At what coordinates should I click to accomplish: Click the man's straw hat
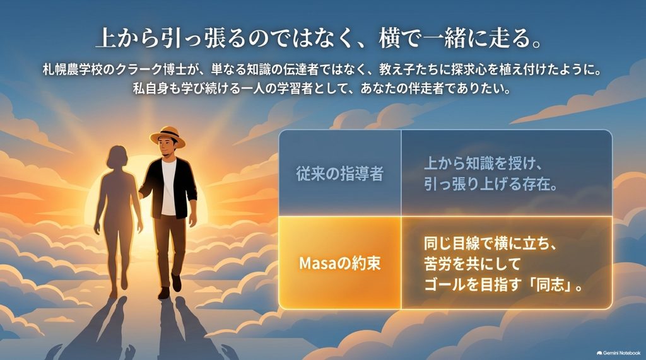tap(167, 136)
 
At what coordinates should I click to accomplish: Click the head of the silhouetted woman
tap(117, 157)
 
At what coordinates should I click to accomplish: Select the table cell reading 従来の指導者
tap(340, 173)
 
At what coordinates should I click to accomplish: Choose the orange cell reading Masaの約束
tap(340, 263)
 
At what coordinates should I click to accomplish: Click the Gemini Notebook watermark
tap(618, 353)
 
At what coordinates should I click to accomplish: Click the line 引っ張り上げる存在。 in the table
tap(491, 183)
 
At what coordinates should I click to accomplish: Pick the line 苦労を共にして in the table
tap(472, 264)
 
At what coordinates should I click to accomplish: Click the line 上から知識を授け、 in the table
tap(483, 163)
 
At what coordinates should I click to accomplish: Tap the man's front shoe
tap(164, 293)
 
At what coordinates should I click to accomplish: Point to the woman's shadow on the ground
tap(95, 330)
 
